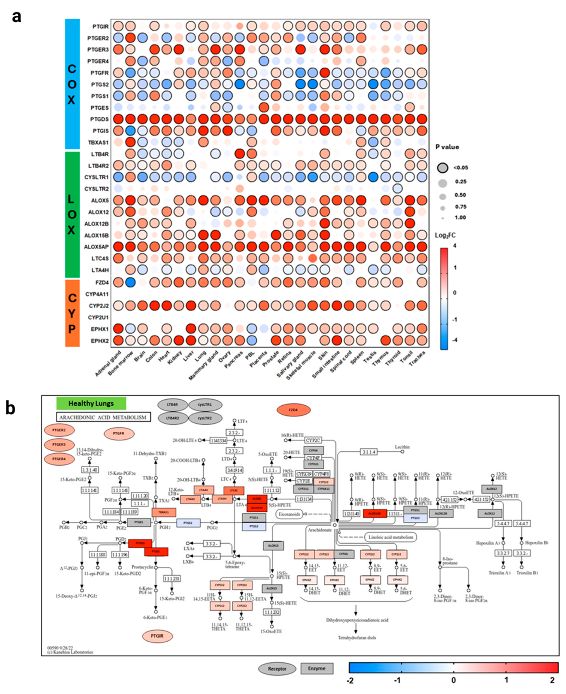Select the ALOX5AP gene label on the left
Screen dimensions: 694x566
click(96, 247)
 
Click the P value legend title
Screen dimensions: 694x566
click(447, 147)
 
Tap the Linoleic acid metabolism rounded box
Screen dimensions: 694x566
click(391, 537)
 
